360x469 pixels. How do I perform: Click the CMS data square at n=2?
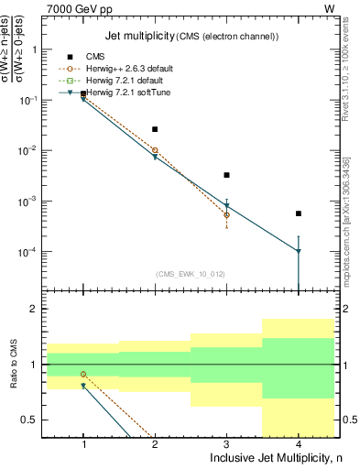155,129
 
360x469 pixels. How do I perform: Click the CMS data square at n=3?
226,175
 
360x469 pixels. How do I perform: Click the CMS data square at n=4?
299,213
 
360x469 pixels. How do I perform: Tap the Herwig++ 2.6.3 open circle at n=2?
155,150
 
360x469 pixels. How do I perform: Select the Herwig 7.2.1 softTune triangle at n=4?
299,251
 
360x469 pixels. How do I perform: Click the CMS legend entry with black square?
96,57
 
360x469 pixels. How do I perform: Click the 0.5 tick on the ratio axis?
35,420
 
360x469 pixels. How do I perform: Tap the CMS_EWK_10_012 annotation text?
191,274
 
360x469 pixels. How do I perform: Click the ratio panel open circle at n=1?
83,374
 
